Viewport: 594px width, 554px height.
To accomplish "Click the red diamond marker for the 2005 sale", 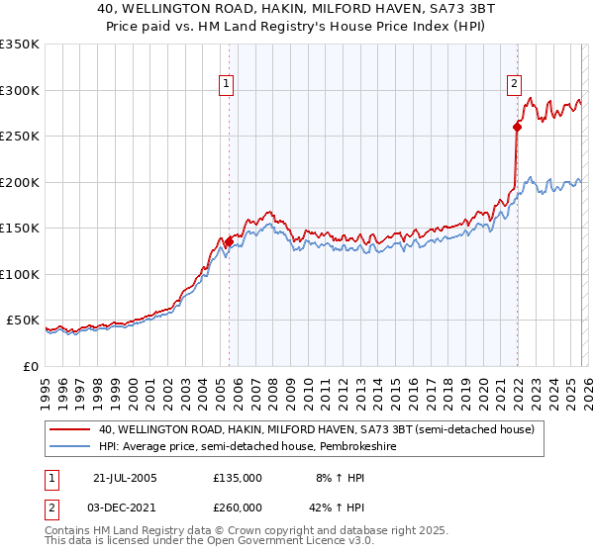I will [x=229, y=241].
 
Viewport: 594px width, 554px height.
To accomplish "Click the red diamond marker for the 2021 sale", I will [x=517, y=127].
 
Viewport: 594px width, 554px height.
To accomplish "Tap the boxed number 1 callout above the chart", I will [x=228, y=85].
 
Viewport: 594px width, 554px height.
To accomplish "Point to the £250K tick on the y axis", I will [x=20, y=136].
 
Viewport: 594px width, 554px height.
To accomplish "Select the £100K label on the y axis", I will [x=20, y=274].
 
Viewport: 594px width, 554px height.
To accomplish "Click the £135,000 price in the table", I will [x=237, y=477].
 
